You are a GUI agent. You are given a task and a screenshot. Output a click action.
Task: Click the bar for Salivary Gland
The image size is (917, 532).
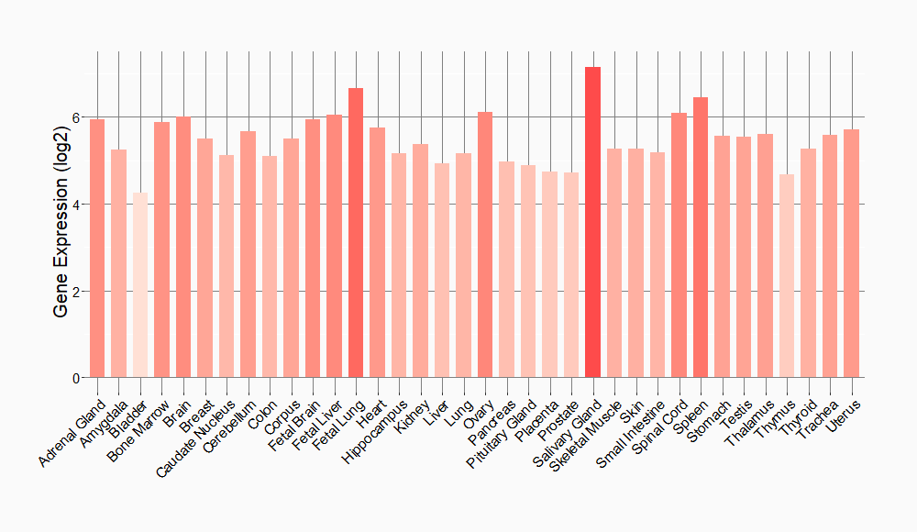[x=592, y=222]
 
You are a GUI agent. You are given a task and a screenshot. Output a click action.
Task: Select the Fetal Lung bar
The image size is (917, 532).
[x=356, y=233]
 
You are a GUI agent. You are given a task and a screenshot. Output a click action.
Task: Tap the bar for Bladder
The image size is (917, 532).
[x=140, y=285]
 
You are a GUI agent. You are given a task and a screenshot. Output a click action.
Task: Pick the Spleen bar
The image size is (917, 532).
[x=701, y=238]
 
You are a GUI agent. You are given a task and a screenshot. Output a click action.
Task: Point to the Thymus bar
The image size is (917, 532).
[x=787, y=276]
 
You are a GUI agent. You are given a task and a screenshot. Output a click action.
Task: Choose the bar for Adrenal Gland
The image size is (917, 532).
[x=97, y=249]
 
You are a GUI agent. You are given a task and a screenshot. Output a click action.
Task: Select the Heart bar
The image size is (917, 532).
[x=377, y=253]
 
